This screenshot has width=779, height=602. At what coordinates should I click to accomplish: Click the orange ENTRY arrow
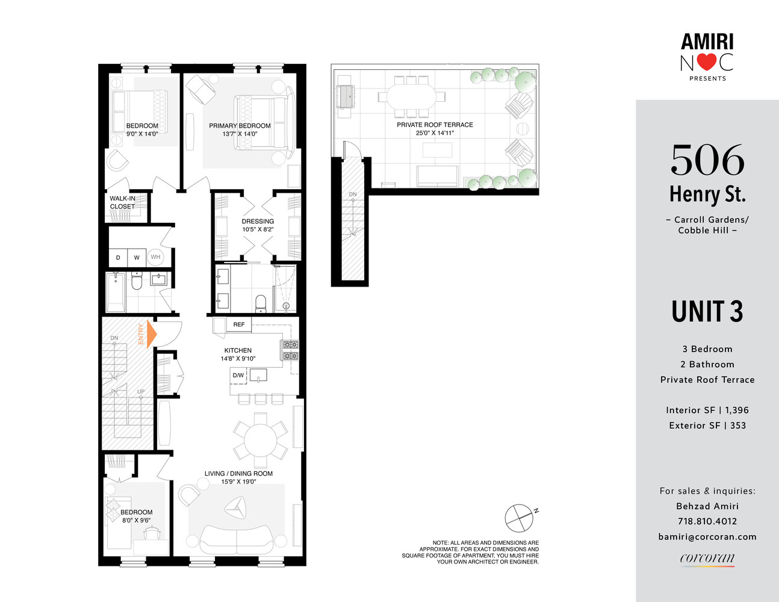151,334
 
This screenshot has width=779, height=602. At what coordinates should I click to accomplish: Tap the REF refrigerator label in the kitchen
239,324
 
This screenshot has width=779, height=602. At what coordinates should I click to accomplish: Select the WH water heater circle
155,257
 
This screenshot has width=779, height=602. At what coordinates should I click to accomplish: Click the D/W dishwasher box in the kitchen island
238,376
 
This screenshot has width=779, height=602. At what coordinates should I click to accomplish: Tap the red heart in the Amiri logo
707,62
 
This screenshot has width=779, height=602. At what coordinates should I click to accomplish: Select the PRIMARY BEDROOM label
240,126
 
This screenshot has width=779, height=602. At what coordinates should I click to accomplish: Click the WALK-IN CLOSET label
122,202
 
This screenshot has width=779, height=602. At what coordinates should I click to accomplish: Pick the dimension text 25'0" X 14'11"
435,133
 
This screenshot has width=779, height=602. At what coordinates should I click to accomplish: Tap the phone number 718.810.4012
707,521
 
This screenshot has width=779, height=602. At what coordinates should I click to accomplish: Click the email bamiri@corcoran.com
707,536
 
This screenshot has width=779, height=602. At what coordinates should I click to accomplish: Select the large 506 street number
707,160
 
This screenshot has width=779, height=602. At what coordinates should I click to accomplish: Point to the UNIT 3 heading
707,312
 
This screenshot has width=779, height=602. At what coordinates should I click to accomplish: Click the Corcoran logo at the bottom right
707,559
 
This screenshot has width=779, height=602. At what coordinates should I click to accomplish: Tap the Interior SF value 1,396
737,410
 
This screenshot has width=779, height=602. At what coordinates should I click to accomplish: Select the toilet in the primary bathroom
261,302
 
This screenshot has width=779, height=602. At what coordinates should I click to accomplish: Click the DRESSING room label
258,221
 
